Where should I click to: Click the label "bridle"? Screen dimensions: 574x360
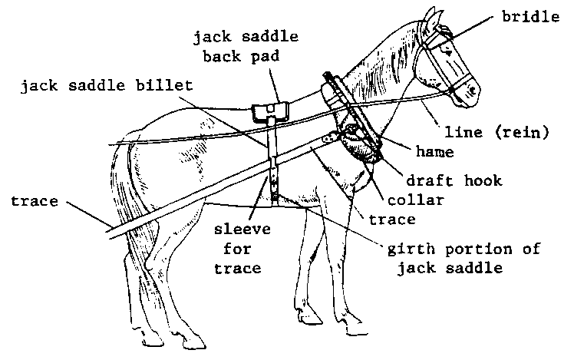[x=530, y=17]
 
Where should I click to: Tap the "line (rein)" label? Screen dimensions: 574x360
[x=496, y=132]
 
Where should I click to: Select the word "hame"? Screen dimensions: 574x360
[x=435, y=151]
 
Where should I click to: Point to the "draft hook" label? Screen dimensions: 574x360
[x=454, y=180]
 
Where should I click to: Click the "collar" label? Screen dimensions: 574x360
[x=415, y=200]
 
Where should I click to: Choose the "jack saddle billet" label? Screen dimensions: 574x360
[x=107, y=86]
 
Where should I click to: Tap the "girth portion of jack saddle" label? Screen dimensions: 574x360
[x=464, y=259]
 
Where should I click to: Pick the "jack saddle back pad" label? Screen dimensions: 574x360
[x=246, y=47]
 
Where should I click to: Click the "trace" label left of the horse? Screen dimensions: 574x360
[x=35, y=201]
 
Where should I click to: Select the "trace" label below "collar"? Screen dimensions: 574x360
[x=392, y=220]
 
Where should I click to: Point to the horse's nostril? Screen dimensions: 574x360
[x=473, y=90]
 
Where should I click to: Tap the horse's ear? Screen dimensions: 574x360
[x=432, y=18]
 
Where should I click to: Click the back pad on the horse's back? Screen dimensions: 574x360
[x=270, y=111]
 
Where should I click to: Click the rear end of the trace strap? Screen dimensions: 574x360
[x=109, y=234]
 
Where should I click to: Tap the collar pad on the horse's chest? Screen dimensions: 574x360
[x=359, y=144]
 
